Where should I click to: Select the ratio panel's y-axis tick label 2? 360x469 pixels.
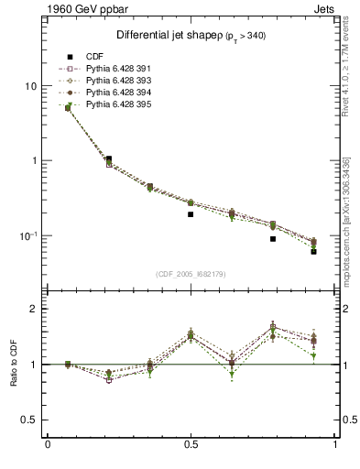34,309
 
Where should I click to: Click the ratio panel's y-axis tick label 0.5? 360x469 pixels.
29,420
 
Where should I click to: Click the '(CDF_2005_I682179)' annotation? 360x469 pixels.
191,274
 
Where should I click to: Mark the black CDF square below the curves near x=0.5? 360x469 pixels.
191,214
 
